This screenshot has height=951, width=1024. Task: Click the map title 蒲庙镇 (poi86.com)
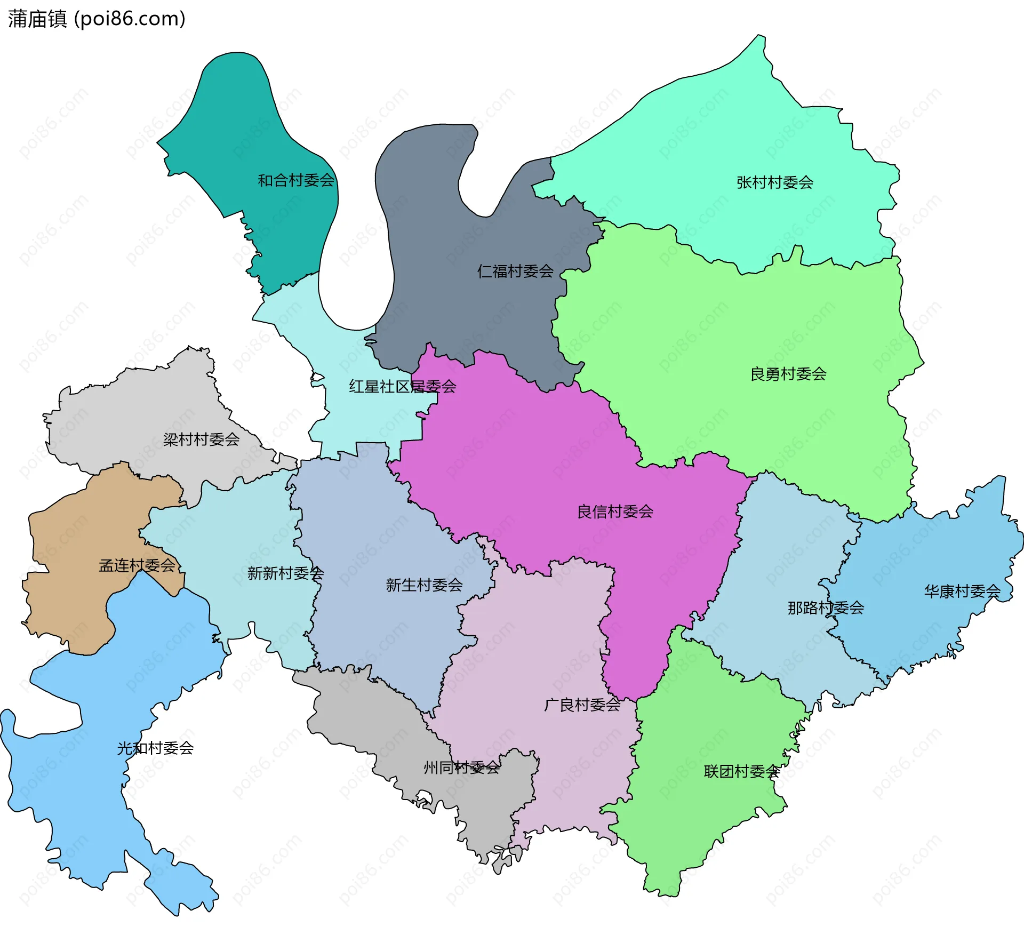pos(97,19)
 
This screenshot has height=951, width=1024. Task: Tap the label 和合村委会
pos(296,181)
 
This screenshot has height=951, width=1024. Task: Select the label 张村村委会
pos(774,183)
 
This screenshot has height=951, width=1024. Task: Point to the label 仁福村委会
pos(515,271)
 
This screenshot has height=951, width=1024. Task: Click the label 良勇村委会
pos(788,374)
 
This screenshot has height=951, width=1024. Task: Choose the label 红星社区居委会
pos(402,387)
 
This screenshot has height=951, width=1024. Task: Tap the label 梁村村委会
pos(201,440)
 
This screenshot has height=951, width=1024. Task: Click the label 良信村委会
pos(615,512)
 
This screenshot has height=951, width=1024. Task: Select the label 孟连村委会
pos(137,566)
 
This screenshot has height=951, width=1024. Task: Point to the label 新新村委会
pos(285,574)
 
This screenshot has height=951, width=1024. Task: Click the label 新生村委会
pos(424,586)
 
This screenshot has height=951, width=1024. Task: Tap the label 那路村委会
pos(826,608)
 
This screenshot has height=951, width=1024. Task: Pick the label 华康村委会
pos(962,592)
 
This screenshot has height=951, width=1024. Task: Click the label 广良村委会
pos(582,705)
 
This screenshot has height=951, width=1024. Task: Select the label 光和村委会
pos(155,748)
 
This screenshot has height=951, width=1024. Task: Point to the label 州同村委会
pos(461,768)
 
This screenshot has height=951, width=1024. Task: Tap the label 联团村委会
pos(741,772)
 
